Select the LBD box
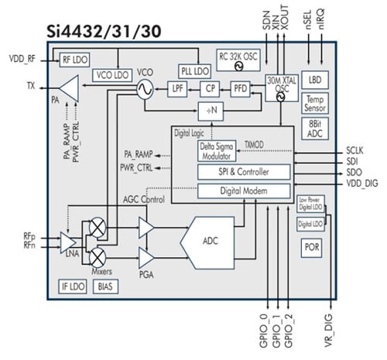[x=314, y=79]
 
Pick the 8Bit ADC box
[x=314, y=127]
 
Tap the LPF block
[x=180, y=90]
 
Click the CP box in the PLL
[x=211, y=90]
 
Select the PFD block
[x=241, y=90]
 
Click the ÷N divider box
[x=210, y=113]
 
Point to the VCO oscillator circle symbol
[x=144, y=90]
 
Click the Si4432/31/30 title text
[x=97, y=33]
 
